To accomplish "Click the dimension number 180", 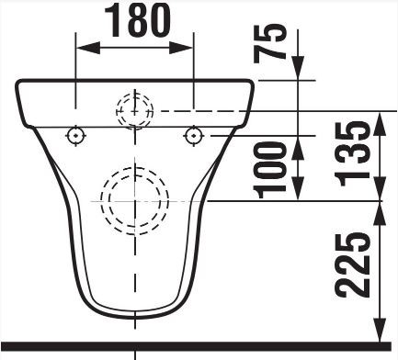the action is (137, 21).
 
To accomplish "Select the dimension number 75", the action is (270, 43).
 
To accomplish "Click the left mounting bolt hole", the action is (75, 135).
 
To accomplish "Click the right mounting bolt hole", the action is (194, 135).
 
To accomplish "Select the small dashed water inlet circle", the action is (134, 110).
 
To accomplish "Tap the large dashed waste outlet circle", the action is (134, 201).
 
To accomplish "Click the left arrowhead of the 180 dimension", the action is (88, 48).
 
